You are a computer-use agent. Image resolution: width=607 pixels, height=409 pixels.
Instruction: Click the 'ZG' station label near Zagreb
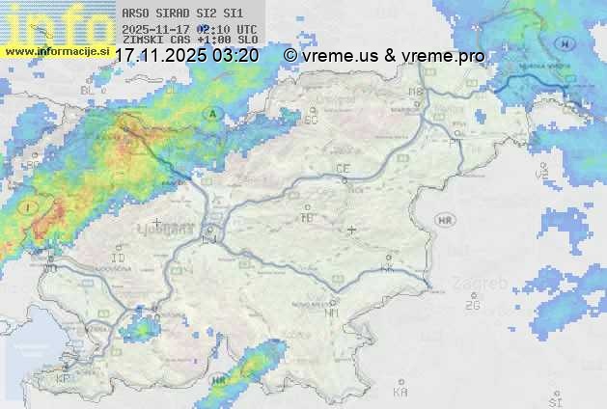point(471,305)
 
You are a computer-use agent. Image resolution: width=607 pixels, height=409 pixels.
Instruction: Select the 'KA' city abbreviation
point(400,392)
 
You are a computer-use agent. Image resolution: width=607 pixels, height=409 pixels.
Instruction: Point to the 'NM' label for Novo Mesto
point(332,313)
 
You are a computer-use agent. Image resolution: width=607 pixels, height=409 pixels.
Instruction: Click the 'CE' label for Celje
point(342,169)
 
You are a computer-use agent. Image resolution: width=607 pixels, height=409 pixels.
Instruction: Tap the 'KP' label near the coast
point(64,379)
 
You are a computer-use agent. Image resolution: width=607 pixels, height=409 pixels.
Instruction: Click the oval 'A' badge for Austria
point(211,114)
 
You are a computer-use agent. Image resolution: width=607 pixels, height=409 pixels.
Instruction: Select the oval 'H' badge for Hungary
point(568,44)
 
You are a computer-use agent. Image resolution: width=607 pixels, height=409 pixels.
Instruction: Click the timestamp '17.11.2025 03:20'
point(186,56)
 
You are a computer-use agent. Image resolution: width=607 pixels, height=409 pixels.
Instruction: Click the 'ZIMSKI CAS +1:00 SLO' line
point(190,40)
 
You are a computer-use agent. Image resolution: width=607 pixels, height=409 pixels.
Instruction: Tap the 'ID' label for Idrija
point(119,259)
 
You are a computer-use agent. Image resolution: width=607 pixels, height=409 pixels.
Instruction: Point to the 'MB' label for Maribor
point(416,92)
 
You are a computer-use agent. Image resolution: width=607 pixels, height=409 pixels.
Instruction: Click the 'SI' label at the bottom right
point(554,399)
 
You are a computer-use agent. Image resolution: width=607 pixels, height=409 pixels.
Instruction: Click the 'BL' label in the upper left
point(86,90)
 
